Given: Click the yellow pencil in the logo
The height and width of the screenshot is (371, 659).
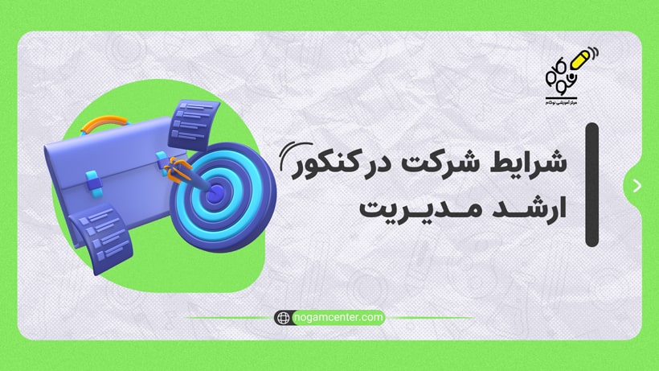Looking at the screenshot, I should pyautogui.click(x=575, y=63).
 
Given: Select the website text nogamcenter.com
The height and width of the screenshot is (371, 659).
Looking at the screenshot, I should pyautogui.click(x=338, y=318).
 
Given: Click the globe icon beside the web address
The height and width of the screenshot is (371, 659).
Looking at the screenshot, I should pyautogui.click(x=283, y=318).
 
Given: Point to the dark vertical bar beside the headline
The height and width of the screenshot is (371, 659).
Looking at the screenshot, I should pyautogui.click(x=592, y=184).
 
